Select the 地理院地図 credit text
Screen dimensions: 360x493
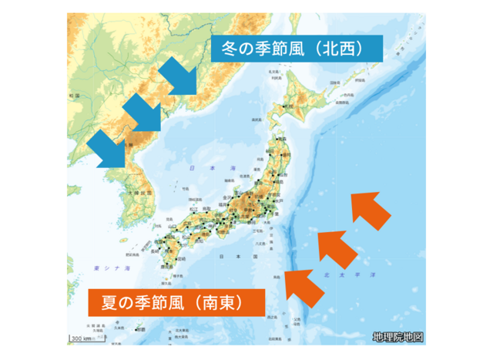coord(397,337)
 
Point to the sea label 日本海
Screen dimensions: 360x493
coord(202,167)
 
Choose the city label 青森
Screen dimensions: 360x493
coord(280,138)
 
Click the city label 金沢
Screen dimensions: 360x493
coord(228,198)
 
